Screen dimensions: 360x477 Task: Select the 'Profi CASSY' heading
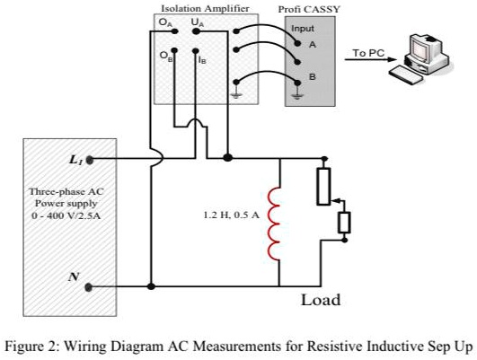(x=310, y=7)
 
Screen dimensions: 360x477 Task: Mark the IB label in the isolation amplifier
(x=202, y=59)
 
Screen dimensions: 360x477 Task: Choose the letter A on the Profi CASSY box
(x=312, y=43)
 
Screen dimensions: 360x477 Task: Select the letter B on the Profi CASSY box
(x=312, y=77)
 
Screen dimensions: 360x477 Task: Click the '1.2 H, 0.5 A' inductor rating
(x=231, y=215)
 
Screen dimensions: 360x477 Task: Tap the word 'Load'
(x=321, y=299)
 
